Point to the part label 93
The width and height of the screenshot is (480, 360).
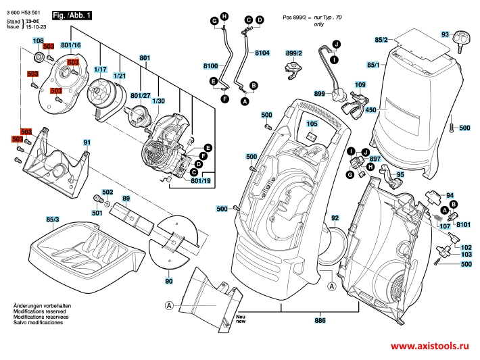[x=446, y=34]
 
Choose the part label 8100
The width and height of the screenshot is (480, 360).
[x=210, y=66]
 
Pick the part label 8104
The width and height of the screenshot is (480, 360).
[x=262, y=52]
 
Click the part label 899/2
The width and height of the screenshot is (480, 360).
[x=294, y=53]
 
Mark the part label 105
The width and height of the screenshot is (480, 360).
[x=312, y=124]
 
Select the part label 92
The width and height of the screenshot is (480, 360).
[x=335, y=218]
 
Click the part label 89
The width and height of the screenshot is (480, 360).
[x=126, y=199]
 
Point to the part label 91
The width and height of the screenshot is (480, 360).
[x=87, y=142]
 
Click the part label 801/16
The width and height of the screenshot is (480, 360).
[x=70, y=45]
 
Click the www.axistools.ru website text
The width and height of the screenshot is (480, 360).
[x=430, y=346]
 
